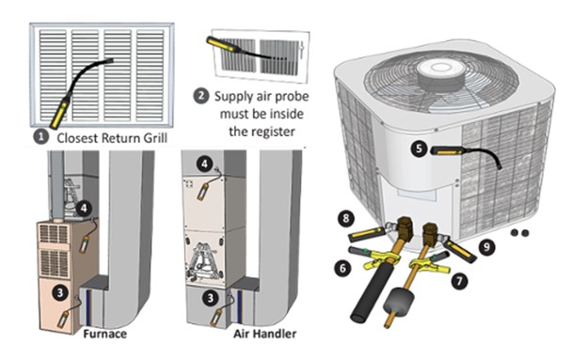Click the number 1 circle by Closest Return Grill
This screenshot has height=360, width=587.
(41, 136)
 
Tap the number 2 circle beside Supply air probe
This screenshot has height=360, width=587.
(201, 96)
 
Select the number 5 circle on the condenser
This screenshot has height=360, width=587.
(419, 149)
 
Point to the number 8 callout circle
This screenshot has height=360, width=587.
(346, 218)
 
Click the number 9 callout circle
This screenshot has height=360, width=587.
(486, 246)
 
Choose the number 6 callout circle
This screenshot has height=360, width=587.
(343, 268)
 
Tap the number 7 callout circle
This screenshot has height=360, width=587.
(460, 281)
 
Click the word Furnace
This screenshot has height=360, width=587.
(104, 334)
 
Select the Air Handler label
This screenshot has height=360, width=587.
(265, 334)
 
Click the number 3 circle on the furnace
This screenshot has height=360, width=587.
(60, 292)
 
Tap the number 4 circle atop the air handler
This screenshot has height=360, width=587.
(204, 164)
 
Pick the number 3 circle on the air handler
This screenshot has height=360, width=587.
(211, 298)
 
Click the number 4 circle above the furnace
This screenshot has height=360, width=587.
(84, 208)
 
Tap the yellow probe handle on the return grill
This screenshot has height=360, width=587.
(60, 112)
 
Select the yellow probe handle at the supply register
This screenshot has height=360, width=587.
(221, 44)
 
